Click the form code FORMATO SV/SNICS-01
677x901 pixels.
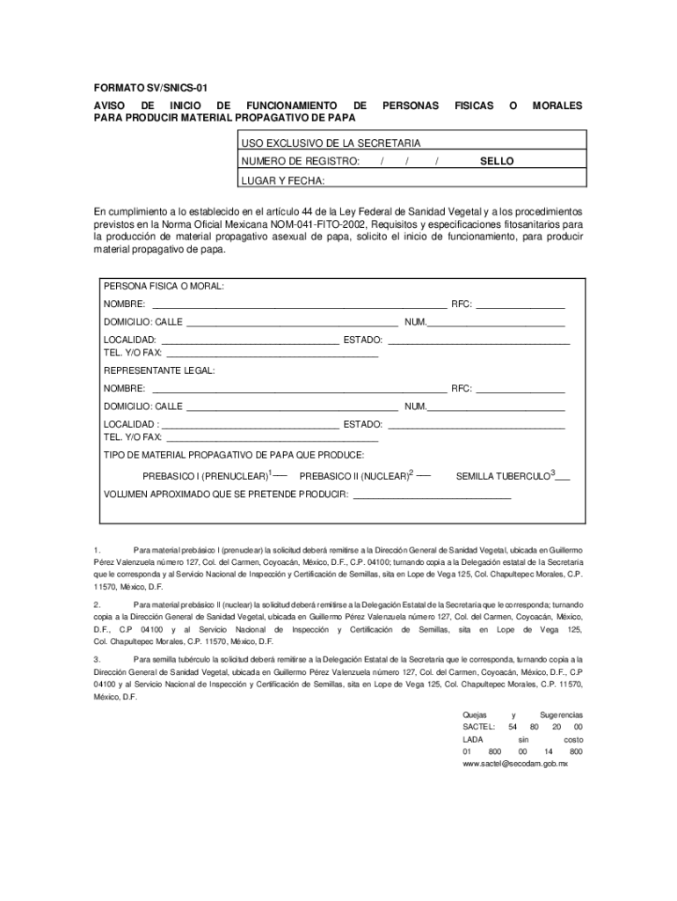tap(151, 90)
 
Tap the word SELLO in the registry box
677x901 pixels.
tap(497, 162)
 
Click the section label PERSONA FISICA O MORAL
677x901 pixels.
tap(164, 287)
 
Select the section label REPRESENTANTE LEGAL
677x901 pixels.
tap(159, 370)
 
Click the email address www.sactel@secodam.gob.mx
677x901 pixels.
tap(515, 765)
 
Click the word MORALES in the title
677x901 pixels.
tap(557, 105)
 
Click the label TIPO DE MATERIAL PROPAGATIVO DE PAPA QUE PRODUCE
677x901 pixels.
tap(234, 455)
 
